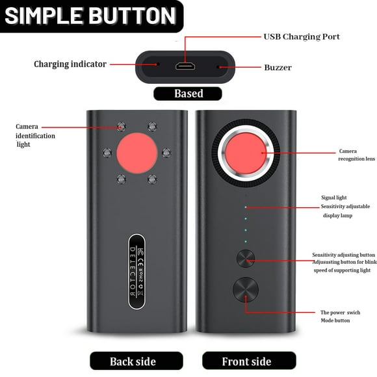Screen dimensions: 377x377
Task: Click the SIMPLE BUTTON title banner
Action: click(x=91, y=16)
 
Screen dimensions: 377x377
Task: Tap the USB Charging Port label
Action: click(x=301, y=36)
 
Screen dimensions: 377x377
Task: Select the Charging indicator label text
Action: click(x=70, y=64)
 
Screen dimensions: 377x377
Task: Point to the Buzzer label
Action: click(x=278, y=67)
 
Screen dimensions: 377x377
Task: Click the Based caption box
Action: click(x=188, y=94)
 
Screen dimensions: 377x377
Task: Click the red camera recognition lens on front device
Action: click(x=246, y=153)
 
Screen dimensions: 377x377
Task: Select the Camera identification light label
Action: click(x=36, y=135)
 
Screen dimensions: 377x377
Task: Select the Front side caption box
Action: click(x=246, y=361)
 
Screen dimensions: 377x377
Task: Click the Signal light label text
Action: click(x=333, y=198)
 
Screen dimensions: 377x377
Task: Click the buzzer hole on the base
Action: click(x=219, y=66)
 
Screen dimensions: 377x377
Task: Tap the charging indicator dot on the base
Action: click(x=157, y=64)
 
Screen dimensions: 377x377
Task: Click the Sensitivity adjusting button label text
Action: click(x=343, y=255)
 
